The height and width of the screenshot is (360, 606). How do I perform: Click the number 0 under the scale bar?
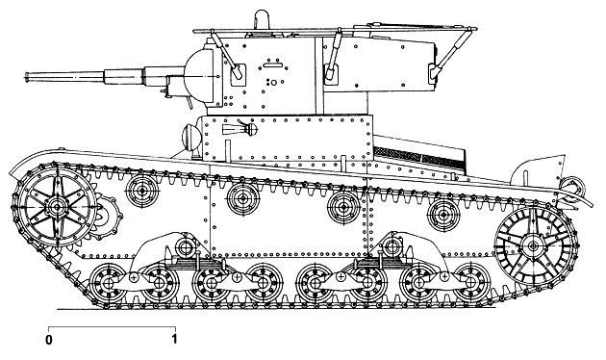tap(48, 339)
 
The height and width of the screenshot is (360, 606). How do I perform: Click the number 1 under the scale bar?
tap(174, 339)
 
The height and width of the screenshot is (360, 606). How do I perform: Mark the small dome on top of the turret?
tap(263, 19)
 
